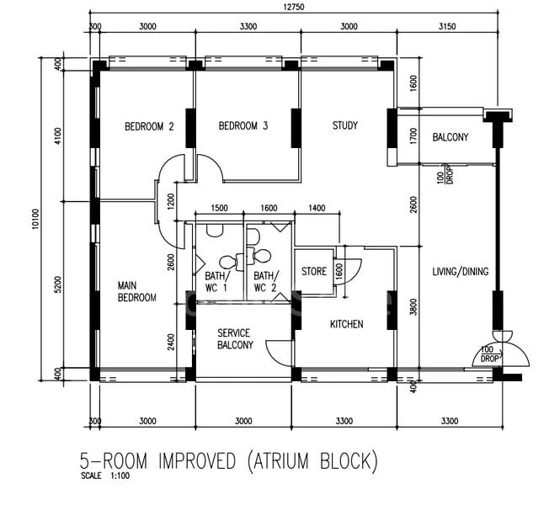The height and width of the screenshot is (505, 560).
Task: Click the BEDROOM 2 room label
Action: pyautogui.click(x=149, y=126)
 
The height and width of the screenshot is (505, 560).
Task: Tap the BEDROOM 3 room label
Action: pyautogui.click(x=243, y=125)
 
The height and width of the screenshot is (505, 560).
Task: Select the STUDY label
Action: pyautogui.click(x=345, y=125)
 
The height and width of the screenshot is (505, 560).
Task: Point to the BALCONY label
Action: pyautogui.click(x=450, y=137)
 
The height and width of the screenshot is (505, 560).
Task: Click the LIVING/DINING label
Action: pyautogui.click(x=461, y=272)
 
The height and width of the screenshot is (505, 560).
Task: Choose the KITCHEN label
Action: pyautogui.click(x=346, y=324)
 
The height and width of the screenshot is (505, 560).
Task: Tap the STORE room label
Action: pyautogui.click(x=314, y=272)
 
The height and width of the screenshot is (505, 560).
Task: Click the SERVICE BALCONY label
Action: pyautogui.click(x=235, y=338)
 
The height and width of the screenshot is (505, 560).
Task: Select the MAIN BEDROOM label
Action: pyautogui.click(x=136, y=291)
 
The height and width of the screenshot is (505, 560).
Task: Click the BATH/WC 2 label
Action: pyautogui.click(x=265, y=282)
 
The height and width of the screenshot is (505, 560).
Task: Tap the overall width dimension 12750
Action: pyautogui.click(x=294, y=7)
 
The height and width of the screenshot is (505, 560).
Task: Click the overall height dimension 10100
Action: pyautogui.click(x=35, y=219)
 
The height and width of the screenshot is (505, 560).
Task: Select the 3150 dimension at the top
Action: pyautogui.click(x=447, y=26)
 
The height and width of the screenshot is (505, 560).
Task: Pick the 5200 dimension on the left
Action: pyautogui.click(x=59, y=284)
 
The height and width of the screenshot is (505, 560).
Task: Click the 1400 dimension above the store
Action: pyautogui.click(x=317, y=208)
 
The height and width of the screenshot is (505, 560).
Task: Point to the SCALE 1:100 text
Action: pyautogui.click(x=105, y=476)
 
